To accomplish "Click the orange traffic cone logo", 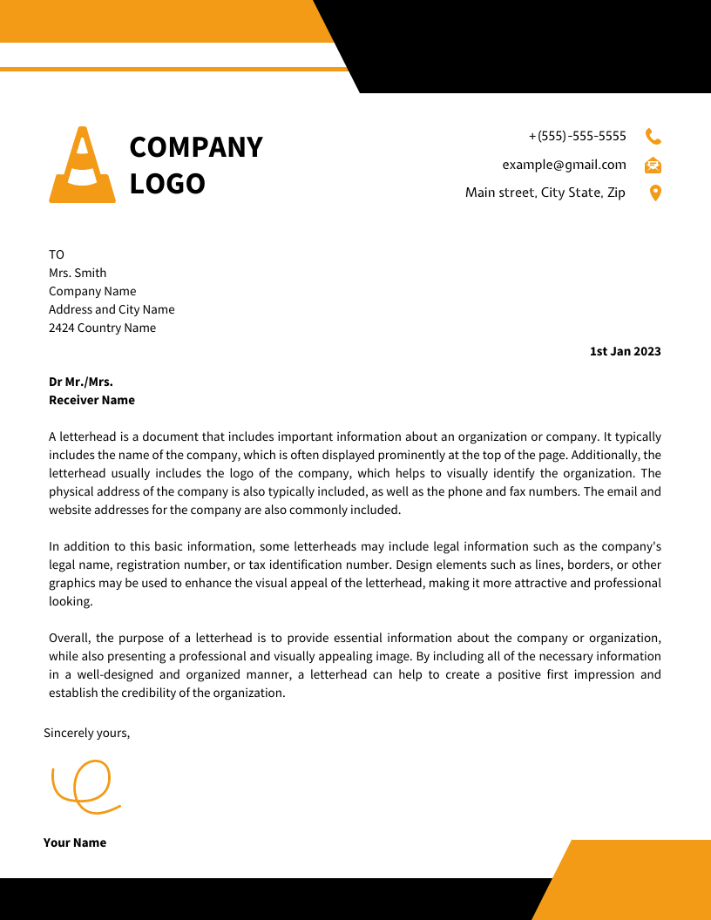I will tap(82, 166).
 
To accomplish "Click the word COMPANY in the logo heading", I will tap(196, 147).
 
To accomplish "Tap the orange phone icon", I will tap(653, 136).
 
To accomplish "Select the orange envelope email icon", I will tap(653, 165).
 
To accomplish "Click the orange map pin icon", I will tap(655, 193).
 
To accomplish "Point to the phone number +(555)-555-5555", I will tap(578, 136).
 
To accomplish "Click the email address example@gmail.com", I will tap(564, 165).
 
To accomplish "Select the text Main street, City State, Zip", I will tap(545, 193).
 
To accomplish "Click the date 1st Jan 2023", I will tap(625, 352).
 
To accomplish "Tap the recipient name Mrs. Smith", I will tap(78, 273).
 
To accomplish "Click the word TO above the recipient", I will tap(57, 254).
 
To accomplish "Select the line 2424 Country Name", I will tap(102, 328).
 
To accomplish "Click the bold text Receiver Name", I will tap(91, 400).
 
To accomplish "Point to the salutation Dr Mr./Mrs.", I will tap(81, 382).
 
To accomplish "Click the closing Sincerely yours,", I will tap(86, 733).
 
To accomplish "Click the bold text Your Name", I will tap(75, 842).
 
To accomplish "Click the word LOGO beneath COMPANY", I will tap(167, 184).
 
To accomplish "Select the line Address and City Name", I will tap(112, 309).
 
